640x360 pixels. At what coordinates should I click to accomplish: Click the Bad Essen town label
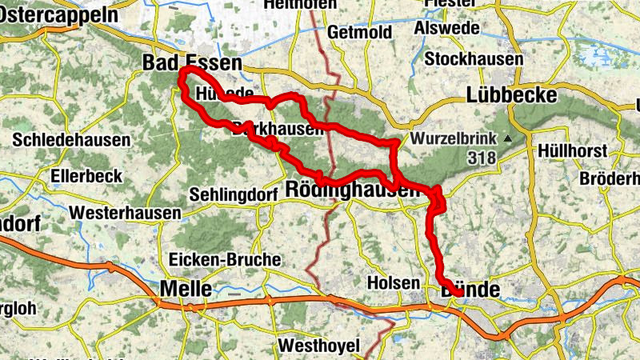coord(191,63)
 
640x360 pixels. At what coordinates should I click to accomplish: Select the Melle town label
coord(186,288)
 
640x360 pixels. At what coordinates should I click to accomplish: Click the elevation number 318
coord(483,158)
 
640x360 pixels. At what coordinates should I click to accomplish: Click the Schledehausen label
coord(71,140)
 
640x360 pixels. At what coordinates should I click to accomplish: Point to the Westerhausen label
coord(125,214)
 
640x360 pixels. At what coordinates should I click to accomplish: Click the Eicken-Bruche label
coord(225,259)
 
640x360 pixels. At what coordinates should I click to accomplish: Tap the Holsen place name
coord(393,282)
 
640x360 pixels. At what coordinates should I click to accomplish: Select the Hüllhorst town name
coord(573,150)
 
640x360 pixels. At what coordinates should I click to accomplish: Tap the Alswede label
coord(447,29)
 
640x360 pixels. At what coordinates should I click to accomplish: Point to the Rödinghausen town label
coord(352,190)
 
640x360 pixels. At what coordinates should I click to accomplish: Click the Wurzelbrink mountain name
coord(454,138)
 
